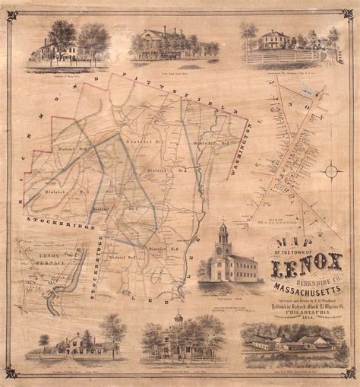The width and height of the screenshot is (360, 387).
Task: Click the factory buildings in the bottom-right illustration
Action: coord(292,341)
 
